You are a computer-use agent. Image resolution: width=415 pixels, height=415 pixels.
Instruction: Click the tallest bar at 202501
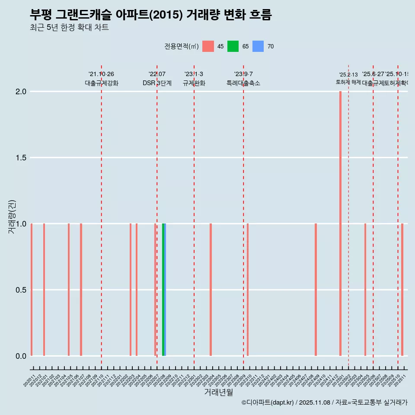click(340, 223)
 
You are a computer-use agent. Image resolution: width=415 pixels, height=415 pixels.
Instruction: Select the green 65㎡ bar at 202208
click(163, 290)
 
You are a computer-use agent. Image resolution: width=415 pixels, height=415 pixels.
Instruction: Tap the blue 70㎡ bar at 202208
click(165, 290)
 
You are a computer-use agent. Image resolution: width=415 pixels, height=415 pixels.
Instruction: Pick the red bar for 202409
click(316, 290)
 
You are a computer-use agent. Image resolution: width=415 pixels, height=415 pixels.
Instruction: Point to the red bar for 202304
click(211, 290)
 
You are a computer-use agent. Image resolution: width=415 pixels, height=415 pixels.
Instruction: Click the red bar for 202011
click(32, 290)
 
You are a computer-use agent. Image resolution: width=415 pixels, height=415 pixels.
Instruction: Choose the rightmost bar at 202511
click(402, 290)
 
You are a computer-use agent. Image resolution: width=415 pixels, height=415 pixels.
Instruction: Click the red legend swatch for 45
click(208, 46)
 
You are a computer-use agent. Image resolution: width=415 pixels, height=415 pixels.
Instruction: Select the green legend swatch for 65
click(233, 46)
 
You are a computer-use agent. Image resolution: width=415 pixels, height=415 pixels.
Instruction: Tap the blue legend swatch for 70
click(258, 46)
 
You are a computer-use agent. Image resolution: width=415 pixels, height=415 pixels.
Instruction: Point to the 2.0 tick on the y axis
click(22, 92)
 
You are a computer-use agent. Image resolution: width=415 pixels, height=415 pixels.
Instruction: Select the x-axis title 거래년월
click(218, 393)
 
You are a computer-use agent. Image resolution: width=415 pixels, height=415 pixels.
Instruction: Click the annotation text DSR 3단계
click(157, 83)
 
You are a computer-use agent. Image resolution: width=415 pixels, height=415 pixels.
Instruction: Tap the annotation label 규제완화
click(194, 83)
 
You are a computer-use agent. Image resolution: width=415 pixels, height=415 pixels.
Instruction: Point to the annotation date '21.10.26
click(101, 74)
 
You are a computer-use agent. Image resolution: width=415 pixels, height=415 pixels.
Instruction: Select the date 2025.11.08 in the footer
click(314, 402)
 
